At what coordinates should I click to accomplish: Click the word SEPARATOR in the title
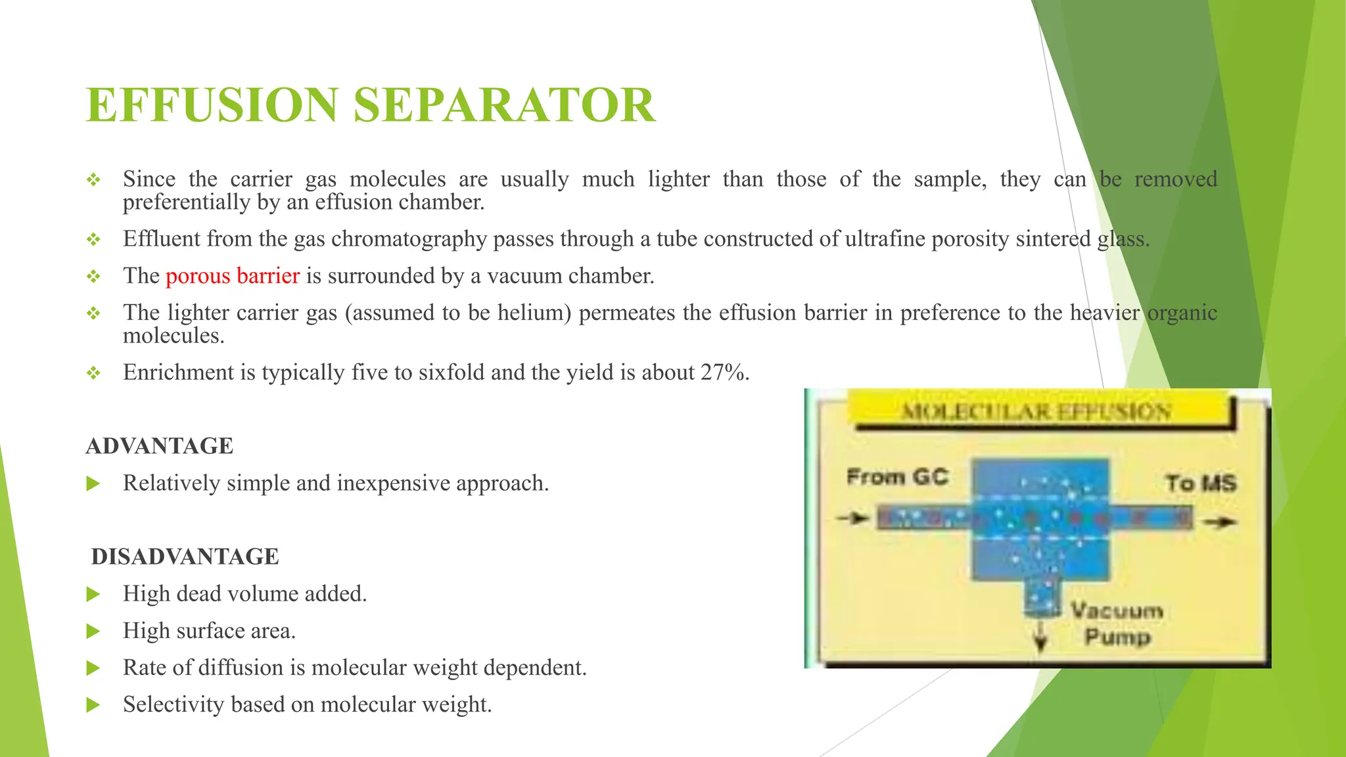[504, 105]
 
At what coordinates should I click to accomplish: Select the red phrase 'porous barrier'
[233, 276]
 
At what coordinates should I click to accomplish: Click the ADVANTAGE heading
[160, 446]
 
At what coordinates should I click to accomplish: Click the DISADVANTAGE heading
[185, 557]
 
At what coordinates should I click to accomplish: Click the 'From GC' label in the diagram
[897, 476]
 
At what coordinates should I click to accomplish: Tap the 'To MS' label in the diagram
[1201, 483]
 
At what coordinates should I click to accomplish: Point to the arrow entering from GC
[853, 518]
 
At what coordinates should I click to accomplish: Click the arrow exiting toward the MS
[1220, 522]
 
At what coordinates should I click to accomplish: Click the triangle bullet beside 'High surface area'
[93, 631]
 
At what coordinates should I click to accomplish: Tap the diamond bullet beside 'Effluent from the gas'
[93, 239]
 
